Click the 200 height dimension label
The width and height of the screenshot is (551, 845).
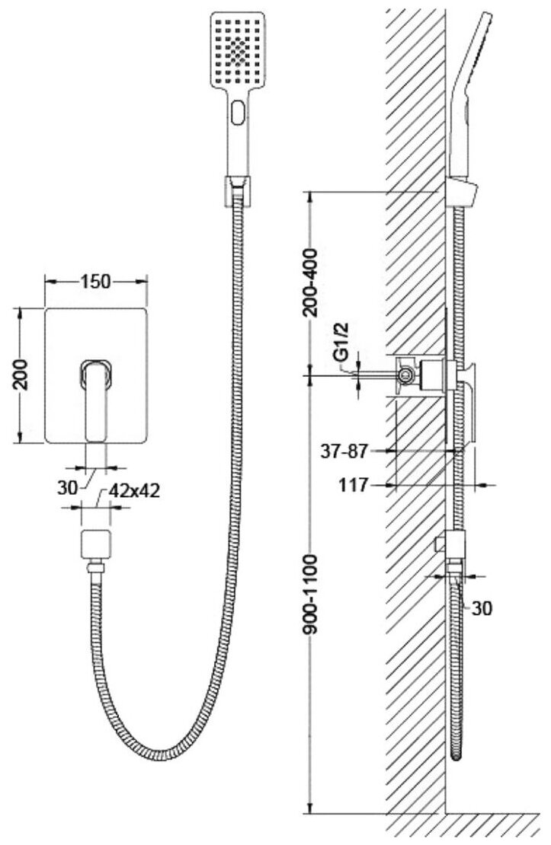tap(24, 375)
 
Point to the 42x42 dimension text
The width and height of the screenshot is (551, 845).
tap(134, 491)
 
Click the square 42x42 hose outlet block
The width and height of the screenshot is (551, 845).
tap(96, 545)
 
